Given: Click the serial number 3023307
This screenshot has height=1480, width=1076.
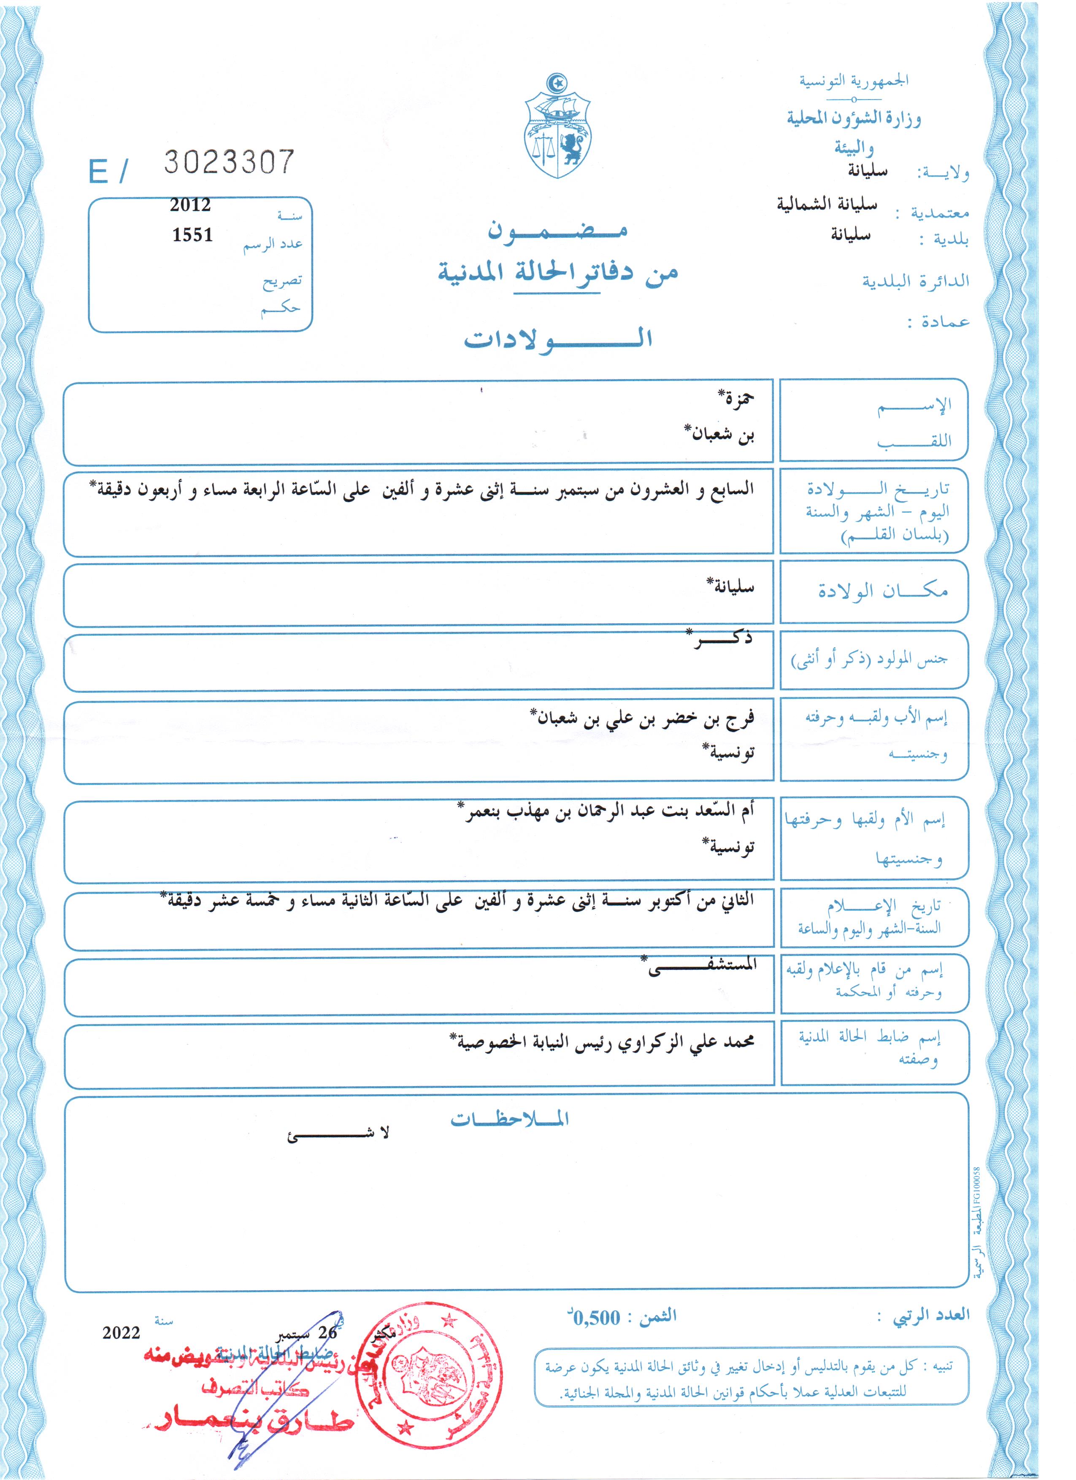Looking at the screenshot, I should [x=229, y=162].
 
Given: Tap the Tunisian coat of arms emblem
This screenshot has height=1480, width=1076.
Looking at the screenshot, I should [x=557, y=128].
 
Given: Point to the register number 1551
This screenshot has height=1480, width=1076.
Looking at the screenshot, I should [x=192, y=235].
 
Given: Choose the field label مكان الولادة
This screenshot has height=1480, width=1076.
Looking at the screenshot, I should [x=883, y=591].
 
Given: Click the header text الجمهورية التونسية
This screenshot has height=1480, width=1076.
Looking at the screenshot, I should [x=854, y=81].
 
